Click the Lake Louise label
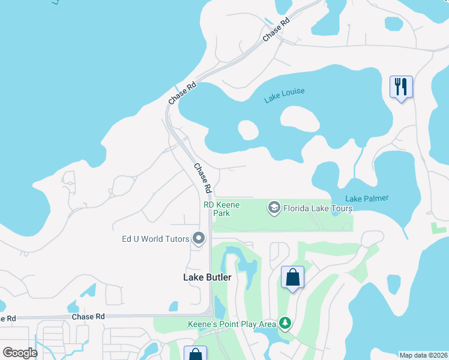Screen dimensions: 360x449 coord(285,95)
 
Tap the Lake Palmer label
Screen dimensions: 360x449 coord(367,199)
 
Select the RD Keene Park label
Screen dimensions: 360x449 coord(221,209)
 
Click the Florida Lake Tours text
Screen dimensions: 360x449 coord(318,208)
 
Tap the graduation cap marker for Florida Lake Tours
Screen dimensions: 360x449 coord(274,208)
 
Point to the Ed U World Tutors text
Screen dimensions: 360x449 coord(155,239)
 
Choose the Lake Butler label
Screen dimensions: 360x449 coord(206,277)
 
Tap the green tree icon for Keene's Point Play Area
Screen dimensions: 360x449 coord(286,324)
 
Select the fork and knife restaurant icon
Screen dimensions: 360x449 coord(400,87)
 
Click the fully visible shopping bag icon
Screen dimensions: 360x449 coord(292,278)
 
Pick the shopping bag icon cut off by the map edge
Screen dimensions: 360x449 coord(195,354)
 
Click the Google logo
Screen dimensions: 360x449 coord(20,353)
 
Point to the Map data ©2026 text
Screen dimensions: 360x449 coord(423,355)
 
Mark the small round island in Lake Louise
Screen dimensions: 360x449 coord(248,130)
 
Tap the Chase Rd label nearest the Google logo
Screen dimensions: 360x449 coord(88,316)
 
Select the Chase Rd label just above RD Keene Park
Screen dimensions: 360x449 coord(202,178)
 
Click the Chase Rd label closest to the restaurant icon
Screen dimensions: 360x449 coord(276,29)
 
